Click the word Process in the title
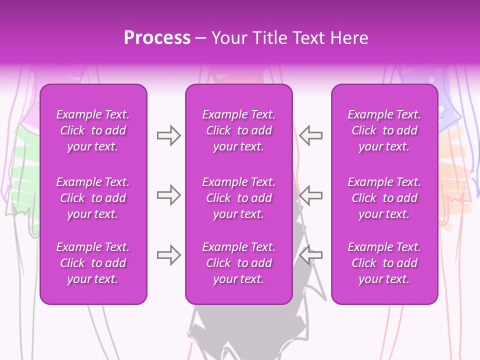click(157, 38)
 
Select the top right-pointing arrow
click(168, 135)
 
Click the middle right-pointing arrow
click(168, 195)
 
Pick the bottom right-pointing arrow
click(168, 255)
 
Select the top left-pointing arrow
click(310, 135)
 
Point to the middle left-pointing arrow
click(310, 195)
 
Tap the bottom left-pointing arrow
click(310, 255)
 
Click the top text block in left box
click(93, 130)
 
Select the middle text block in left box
click(93, 198)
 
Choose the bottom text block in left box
click(93, 263)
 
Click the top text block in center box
click(239, 130)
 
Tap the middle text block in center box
click(239, 198)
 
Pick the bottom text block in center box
click(239, 263)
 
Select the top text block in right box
click(384, 130)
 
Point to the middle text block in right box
click(384, 198)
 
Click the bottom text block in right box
click(384, 263)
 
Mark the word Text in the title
click(308, 38)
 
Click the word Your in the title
click(229, 38)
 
